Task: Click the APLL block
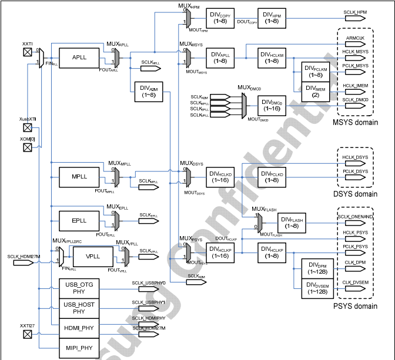(x=79, y=58)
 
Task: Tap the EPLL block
(x=79, y=220)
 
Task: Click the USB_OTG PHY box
(x=79, y=288)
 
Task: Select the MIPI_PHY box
(x=79, y=348)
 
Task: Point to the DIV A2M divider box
(x=149, y=91)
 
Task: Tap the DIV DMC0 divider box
(x=272, y=105)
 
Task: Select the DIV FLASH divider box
(x=292, y=223)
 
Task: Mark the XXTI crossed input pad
(x=26, y=51)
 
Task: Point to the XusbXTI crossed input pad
(x=26, y=127)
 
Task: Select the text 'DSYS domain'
(x=356, y=194)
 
